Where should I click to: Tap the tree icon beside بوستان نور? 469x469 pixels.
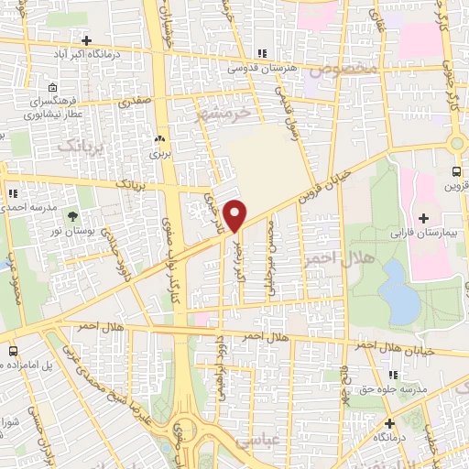[72, 216]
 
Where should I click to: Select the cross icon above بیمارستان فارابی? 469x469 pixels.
[423, 218]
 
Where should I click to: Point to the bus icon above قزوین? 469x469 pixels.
[457, 172]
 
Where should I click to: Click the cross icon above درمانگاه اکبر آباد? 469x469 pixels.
[86, 41]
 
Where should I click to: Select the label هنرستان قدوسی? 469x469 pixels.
[264, 67]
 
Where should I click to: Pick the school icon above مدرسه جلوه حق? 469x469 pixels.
[393, 376]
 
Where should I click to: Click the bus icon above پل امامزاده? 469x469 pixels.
[13, 352]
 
